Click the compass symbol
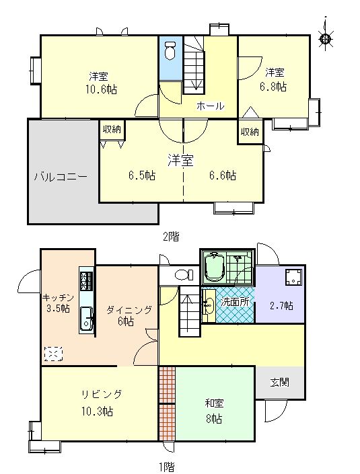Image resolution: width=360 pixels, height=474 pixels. [x=326, y=38]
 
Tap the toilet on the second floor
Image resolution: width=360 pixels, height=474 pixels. [x=170, y=50]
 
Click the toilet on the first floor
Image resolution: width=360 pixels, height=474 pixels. [x=184, y=275]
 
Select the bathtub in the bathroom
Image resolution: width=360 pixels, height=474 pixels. [x=214, y=268]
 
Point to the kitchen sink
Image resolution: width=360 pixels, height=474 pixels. [x=87, y=320]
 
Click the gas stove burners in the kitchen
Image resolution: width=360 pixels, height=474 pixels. [x=86, y=281]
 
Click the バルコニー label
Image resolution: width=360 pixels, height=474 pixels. [x=61, y=177]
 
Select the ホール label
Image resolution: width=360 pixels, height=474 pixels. [x=210, y=106]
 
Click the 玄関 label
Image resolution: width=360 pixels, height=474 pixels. [x=279, y=383]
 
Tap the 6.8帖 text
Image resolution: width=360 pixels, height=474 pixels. [x=273, y=87]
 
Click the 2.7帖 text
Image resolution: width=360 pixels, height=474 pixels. [x=281, y=306]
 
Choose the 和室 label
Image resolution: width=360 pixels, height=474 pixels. [x=214, y=403]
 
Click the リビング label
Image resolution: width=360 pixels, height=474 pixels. [x=102, y=394]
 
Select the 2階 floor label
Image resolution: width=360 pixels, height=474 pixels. [x=171, y=237]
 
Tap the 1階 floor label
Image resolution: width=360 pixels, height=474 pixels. [x=167, y=467]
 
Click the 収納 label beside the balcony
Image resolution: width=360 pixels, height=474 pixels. [x=112, y=129]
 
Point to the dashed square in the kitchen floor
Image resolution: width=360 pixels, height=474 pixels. [x=53, y=354]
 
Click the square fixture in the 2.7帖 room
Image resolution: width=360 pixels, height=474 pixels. [x=294, y=276]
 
